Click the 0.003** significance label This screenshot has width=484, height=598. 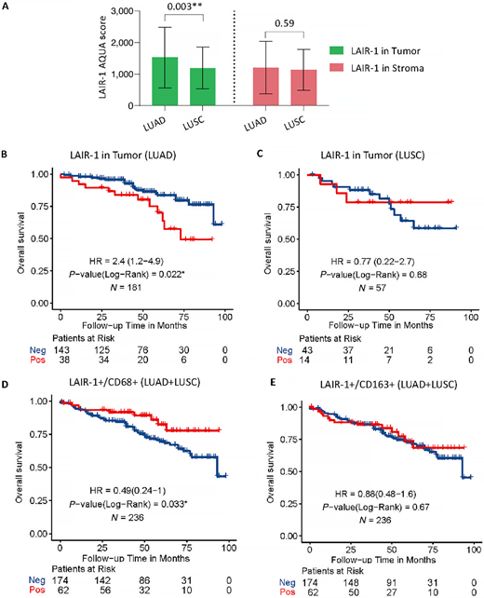pyautogui.click(x=185, y=12)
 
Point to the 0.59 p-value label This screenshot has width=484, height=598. pyautogui.click(x=276, y=29)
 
